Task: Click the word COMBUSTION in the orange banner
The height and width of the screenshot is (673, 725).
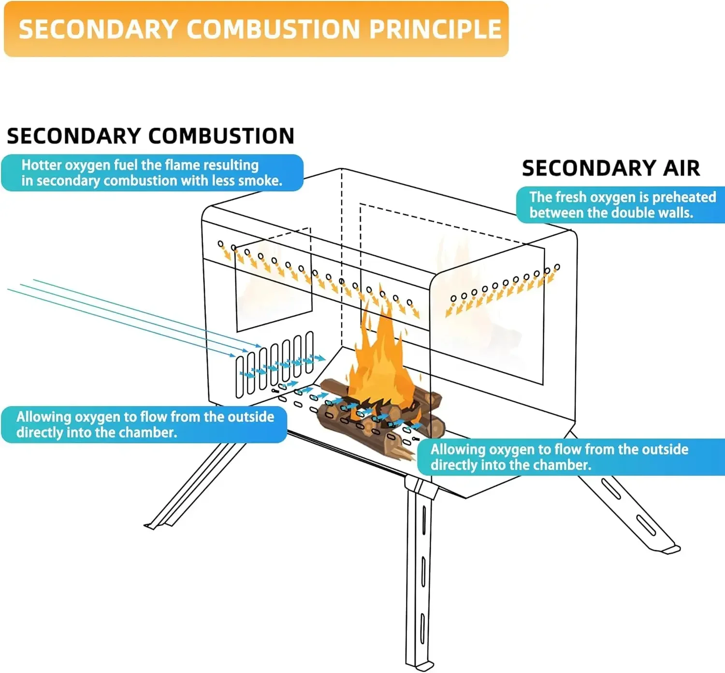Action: pyautogui.click(x=273, y=29)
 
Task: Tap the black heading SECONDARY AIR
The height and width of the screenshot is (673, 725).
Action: pyautogui.click(x=611, y=168)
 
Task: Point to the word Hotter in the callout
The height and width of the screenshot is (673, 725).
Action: pyautogui.click(x=41, y=165)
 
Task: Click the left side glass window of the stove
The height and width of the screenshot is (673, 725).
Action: pyautogui.click(x=273, y=285)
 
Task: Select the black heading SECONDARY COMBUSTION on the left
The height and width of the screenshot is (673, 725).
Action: pyautogui.click(x=150, y=136)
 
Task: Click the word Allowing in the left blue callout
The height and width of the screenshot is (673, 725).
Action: pyautogui.click(x=44, y=417)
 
